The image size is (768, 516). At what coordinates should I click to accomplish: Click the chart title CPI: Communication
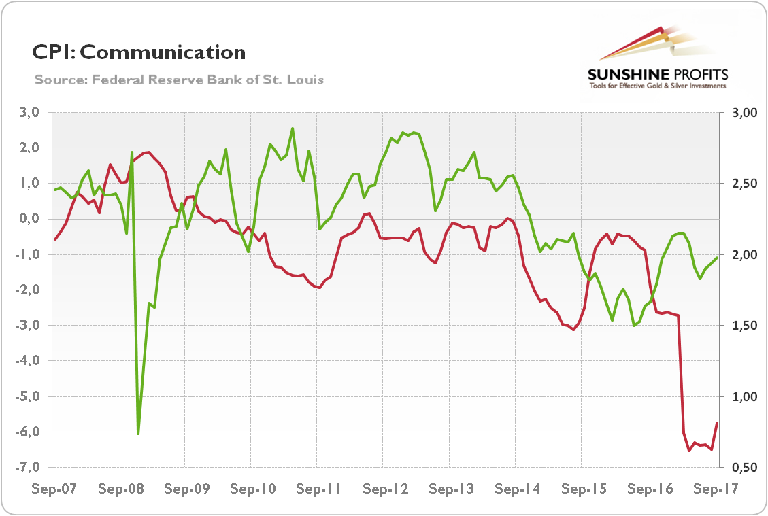click(x=139, y=52)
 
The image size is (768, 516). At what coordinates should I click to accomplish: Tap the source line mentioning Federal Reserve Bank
click(x=179, y=80)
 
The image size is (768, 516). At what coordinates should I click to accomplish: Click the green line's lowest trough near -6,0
click(x=138, y=433)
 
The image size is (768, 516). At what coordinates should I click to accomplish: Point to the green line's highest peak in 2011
click(x=293, y=128)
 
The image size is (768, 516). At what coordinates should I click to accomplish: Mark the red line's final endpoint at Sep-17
click(x=717, y=423)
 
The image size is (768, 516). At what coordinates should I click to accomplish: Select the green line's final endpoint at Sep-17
click(x=717, y=258)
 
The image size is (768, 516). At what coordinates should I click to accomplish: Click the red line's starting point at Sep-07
click(x=54, y=239)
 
